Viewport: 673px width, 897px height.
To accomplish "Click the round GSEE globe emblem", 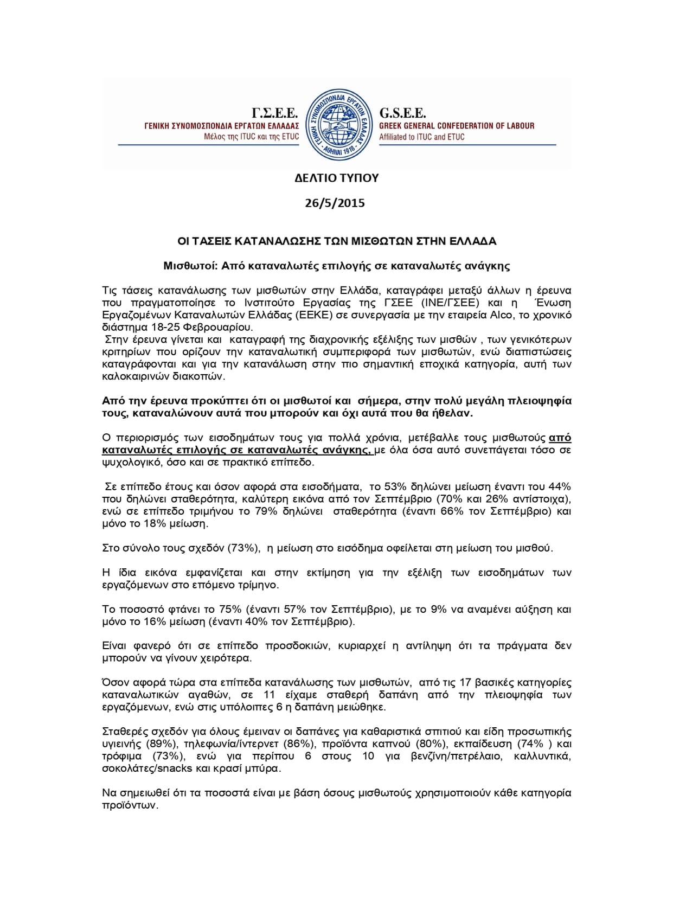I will point(336,124).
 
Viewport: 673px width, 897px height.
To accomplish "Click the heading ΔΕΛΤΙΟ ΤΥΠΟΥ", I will point(336,178).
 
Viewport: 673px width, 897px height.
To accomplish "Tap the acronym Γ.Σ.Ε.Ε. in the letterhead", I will point(275,113).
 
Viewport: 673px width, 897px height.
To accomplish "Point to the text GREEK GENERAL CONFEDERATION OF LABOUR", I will point(457,126).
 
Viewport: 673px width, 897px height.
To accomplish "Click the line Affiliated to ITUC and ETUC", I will point(421,137).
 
